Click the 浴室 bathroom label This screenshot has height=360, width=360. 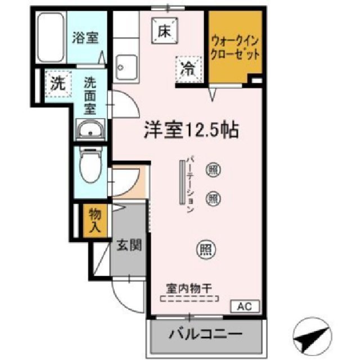coord(85,38)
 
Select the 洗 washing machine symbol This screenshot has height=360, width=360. coord(57,84)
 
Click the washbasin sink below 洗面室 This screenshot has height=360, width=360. coord(90,131)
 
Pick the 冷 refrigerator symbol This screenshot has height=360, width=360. coord(188,70)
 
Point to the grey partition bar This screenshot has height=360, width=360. coord(182,183)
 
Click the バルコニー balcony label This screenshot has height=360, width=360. coord(206,335)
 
